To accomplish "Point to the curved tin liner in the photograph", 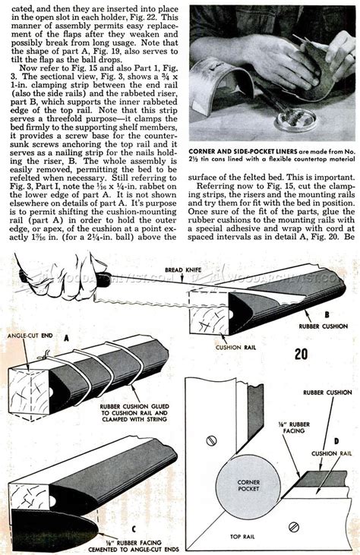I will click(x=220, y=91).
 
